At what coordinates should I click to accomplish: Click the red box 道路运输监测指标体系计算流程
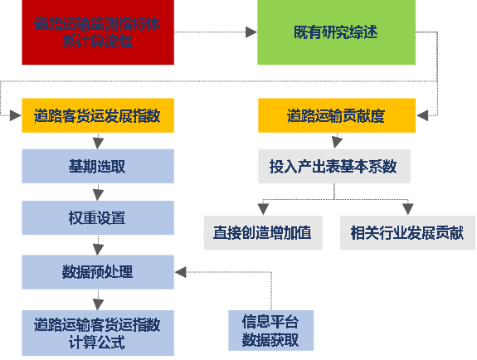click(x=98, y=32)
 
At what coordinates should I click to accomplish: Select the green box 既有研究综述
click(x=335, y=32)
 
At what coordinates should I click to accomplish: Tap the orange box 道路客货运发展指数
click(x=98, y=115)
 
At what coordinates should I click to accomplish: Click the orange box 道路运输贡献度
click(x=336, y=115)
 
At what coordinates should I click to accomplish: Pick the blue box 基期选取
click(x=98, y=166)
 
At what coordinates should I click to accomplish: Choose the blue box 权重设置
click(x=98, y=218)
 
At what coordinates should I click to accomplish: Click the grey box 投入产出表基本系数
click(x=333, y=166)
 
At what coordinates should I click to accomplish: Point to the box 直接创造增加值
click(x=262, y=233)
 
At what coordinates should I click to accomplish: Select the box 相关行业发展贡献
click(x=407, y=233)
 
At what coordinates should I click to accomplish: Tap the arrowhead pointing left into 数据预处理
click(x=181, y=271)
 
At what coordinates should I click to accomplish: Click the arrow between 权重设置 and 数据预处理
click(x=98, y=245)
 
